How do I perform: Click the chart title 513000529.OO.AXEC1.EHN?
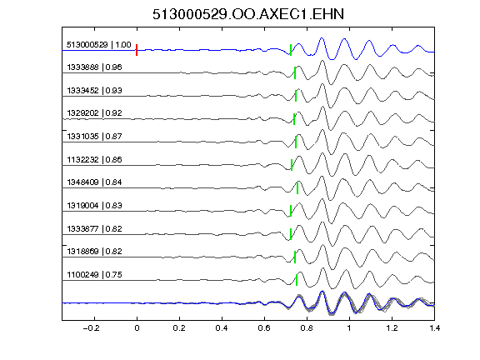tap(248, 14)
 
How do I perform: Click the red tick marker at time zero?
tap(137, 50)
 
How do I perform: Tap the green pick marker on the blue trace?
tap(291, 50)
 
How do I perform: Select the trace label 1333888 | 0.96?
tap(94, 67)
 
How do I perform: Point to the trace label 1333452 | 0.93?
tap(94, 90)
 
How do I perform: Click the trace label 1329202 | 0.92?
tap(94, 113)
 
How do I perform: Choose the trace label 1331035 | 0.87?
tap(94, 136)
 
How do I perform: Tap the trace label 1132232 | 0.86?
tap(94, 159)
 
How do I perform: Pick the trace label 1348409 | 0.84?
tap(94, 182)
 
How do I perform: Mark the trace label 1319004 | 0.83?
tap(94, 205)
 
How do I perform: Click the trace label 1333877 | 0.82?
tap(94, 228)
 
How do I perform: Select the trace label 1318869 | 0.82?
tap(94, 252)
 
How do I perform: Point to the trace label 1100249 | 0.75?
tap(94, 275)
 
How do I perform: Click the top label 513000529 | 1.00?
tap(98, 45)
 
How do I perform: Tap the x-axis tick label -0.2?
tap(91, 328)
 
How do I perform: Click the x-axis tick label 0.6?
tap(264, 328)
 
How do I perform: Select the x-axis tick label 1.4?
tap(434, 328)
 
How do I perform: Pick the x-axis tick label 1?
tap(349, 328)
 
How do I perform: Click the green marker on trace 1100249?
tap(297, 280)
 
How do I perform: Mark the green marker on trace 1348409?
tap(297, 187)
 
